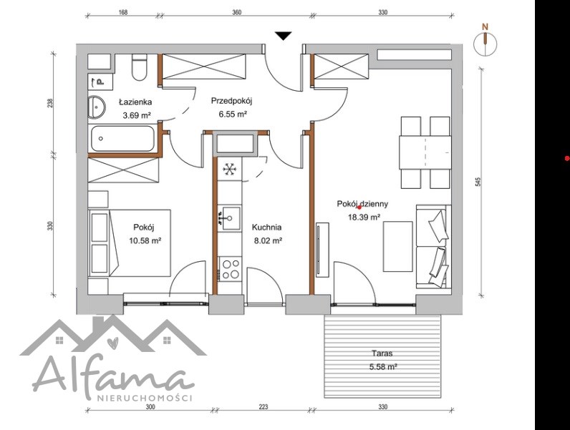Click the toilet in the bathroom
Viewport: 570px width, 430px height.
pos(139,67)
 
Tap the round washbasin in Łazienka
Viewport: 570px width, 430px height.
pos(97,107)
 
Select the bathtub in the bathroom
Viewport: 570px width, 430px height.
pos(122,138)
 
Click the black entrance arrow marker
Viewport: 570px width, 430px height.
pos(283,36)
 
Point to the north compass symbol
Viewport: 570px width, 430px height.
pos(485,41)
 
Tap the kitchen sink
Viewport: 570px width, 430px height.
pos(229,218)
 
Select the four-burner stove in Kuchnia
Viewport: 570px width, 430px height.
pos(229,269)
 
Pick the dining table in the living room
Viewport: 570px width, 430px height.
pos(425,152)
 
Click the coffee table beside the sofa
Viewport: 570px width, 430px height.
pos(398,247)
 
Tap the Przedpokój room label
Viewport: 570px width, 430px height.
pos(231,101)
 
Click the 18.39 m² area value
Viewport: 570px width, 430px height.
pos(364,218)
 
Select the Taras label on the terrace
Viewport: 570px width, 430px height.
pos(382,353)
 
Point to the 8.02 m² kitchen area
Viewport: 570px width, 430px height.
pos(267,240)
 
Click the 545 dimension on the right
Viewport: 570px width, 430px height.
pos(478,182)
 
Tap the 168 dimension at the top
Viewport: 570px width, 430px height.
pos(123,12)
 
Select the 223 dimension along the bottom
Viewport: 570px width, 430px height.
pos(264,407)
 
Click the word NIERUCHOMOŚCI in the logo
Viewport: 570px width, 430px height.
pos(145,398)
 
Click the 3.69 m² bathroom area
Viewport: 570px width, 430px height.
pos(137,115)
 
